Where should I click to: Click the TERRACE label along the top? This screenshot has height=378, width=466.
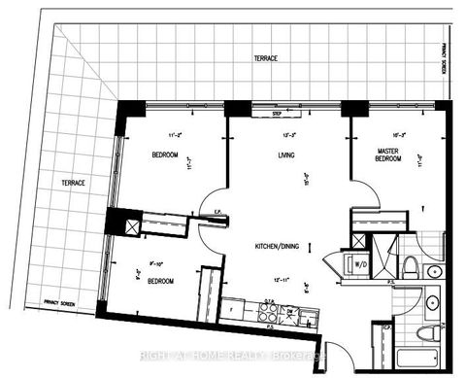click(264, 59)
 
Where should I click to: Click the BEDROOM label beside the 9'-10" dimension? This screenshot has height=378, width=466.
click(161, 281)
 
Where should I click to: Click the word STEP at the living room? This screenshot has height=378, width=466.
click(263, 114)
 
